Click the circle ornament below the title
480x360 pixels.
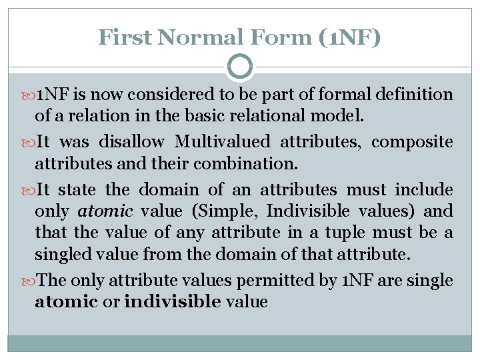[x=240, y=67]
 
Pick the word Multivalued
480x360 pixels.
[x=223, y=141]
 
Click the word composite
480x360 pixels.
[x=412, y=141]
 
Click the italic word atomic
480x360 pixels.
[x=99, y=211]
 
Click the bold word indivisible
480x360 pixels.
[x=173, y=302]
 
